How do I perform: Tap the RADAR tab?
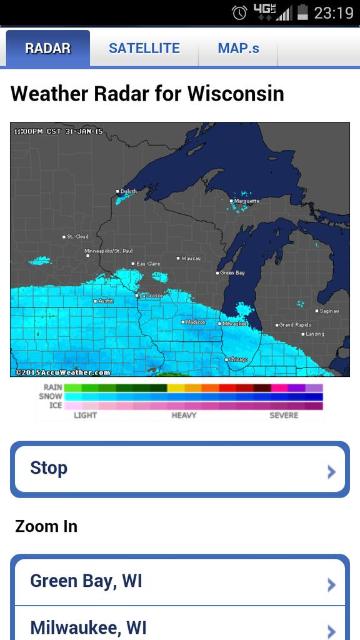(48, 48)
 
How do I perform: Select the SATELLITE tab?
(144, 48)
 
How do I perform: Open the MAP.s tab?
(238, 48)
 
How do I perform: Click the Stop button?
(179, 469)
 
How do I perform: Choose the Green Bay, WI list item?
(179, 582)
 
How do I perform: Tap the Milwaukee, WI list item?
(179, 627)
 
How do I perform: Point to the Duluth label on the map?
(127, 191)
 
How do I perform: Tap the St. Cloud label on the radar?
(77, 237)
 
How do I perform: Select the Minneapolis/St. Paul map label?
(109, 251)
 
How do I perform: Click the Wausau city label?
(190, 258)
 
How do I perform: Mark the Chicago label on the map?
(237, 359)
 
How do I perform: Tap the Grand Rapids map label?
(294, 325)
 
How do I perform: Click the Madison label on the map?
(195, 322)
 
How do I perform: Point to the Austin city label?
(106, 301)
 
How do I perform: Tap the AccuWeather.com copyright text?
(62, 372)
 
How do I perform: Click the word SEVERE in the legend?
(284, 415)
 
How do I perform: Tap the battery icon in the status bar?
(303, 12)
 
